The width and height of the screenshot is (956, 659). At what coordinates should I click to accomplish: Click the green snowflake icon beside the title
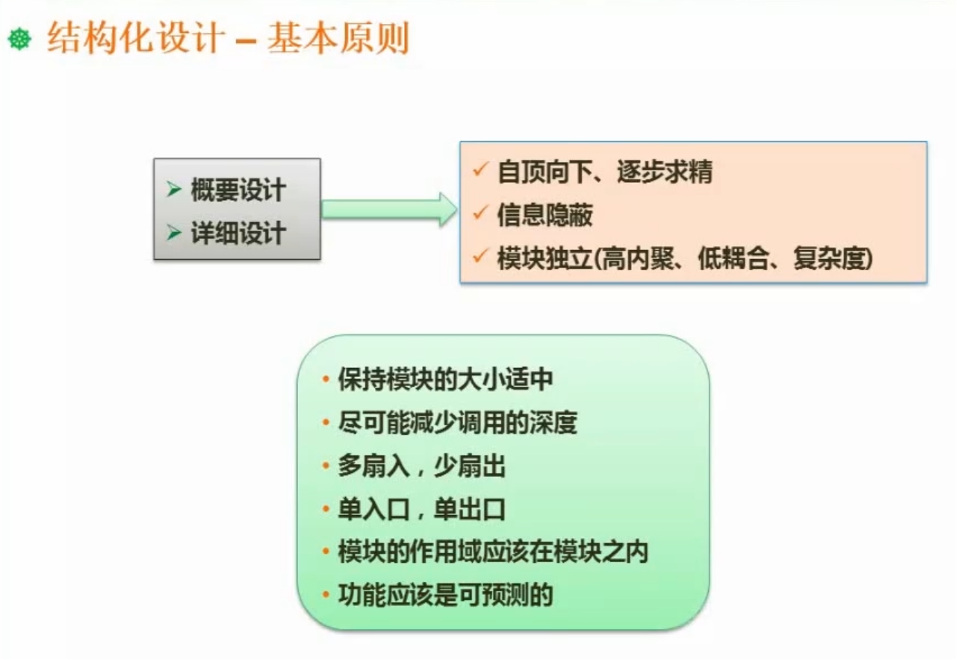coord(19,40)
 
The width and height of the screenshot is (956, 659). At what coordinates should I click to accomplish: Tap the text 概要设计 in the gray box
coord(238,190)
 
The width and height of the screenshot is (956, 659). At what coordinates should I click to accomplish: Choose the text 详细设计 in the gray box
coord(238,233)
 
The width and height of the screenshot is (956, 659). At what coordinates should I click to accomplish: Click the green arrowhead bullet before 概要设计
coord(174,190)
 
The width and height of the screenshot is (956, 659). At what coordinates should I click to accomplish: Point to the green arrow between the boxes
coord(388,209)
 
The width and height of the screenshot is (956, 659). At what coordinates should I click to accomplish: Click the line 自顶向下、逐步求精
coord(604,172)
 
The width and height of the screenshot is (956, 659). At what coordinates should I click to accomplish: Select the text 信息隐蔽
coord(544,216)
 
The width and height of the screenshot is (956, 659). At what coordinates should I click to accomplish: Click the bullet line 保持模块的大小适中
coord(445,379)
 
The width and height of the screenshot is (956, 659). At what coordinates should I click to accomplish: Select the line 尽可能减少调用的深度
coord(457,423)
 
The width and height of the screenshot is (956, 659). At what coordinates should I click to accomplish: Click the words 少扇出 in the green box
coord(469,467)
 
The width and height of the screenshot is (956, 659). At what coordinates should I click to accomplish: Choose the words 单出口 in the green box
coord(469,510)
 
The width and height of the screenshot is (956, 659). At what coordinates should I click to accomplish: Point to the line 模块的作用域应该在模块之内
coord(493,552)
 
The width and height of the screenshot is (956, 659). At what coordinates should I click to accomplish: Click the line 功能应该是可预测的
coord(445,596)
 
